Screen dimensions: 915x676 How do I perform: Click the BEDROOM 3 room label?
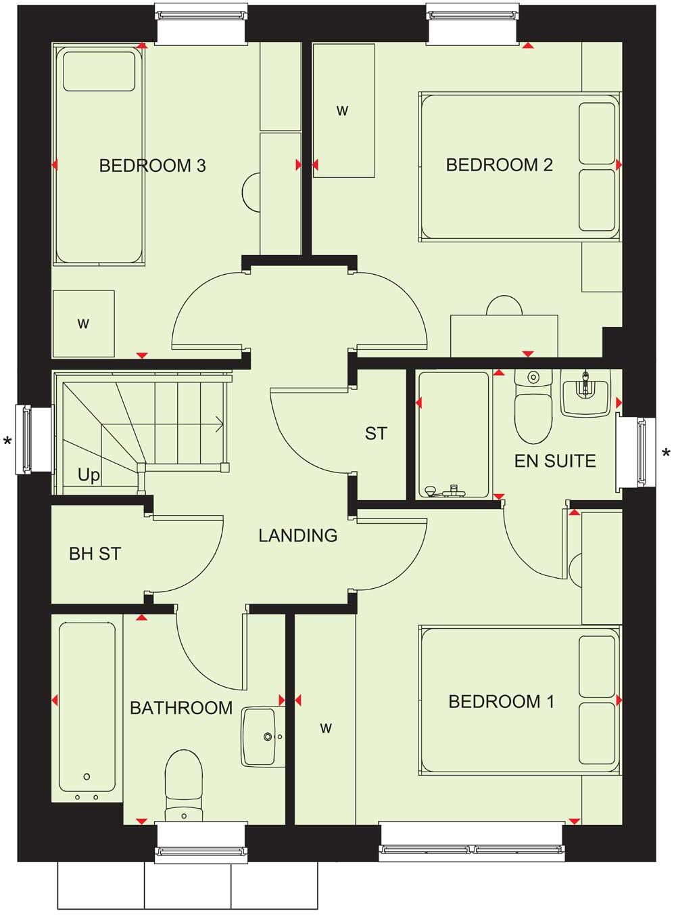152,166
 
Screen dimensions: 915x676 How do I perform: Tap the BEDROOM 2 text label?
499,165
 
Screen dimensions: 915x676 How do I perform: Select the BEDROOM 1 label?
501,702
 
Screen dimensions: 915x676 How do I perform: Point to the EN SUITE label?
555,462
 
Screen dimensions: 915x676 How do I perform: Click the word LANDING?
298,536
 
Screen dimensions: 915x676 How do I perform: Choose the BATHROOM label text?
181,709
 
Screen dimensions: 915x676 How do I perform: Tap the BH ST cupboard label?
95,554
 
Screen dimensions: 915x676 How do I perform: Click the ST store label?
376,434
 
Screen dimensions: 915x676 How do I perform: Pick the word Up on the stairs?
89,475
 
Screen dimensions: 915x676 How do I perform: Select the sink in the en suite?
585,394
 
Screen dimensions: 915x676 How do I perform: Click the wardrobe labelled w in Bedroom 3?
83,324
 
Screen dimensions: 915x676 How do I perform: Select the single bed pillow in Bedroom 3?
99,71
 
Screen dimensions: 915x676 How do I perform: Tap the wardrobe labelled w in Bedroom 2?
343,110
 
